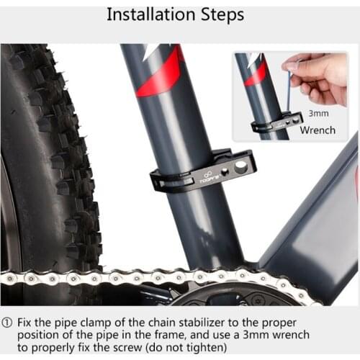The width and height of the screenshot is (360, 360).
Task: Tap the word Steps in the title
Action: click(x=220, y=14)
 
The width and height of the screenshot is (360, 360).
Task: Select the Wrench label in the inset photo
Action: click(x=317, y=130)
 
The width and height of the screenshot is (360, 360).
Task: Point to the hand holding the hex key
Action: click(x=323, y=75)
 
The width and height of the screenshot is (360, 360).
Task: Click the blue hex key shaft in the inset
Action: click(x=289, y=94)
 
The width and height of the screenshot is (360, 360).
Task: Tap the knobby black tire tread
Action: click(x=54, y=158)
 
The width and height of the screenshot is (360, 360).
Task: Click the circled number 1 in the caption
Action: click(x=8, y=322)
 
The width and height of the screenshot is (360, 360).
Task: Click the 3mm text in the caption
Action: click(x=274, y=335)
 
